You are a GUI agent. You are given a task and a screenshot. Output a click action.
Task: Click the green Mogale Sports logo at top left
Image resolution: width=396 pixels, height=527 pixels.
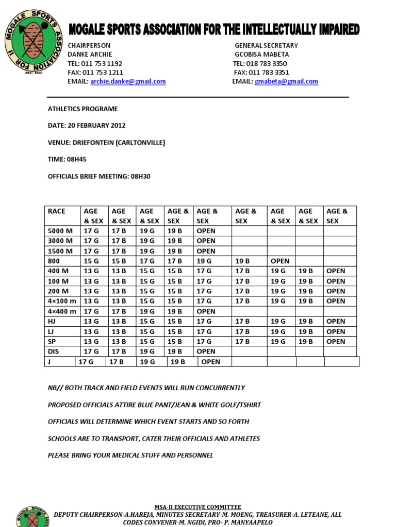pos(32,41)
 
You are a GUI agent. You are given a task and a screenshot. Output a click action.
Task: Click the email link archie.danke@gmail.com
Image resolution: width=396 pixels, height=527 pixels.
pos(128,81)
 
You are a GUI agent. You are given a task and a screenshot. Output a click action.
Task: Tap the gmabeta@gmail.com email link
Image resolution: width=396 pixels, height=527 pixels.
pos(286,81)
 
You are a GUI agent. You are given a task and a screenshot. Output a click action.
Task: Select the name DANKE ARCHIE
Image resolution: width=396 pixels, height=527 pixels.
pos(90,54)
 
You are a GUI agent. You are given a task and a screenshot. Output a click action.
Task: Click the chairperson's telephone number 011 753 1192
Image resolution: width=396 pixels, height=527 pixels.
pos(101,63)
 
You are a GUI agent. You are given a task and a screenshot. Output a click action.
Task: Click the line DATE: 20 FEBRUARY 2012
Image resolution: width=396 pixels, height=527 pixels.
pos(87,126)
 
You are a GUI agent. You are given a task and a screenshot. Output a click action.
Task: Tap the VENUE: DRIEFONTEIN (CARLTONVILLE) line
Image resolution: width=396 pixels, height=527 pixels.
pos(107,143)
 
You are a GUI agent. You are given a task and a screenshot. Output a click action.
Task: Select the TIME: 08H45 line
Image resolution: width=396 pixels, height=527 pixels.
pos(63,160)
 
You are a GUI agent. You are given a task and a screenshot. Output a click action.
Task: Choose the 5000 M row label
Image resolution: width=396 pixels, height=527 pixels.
pos(60,231)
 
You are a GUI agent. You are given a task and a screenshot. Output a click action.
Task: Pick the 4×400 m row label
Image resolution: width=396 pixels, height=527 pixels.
pos(62,311)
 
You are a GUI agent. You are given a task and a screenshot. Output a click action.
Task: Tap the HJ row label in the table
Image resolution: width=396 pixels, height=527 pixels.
pos(52,321)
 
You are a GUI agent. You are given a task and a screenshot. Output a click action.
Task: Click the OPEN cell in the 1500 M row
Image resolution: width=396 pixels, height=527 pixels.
pos(206,251)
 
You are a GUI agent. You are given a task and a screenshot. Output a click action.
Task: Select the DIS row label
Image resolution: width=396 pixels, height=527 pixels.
pos(53,352)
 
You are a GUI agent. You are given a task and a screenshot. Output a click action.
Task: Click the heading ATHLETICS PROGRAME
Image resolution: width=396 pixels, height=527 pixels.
pos(82,109)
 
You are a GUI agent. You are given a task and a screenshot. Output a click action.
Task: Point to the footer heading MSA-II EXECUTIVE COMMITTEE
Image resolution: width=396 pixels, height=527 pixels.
pos(198,507)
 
